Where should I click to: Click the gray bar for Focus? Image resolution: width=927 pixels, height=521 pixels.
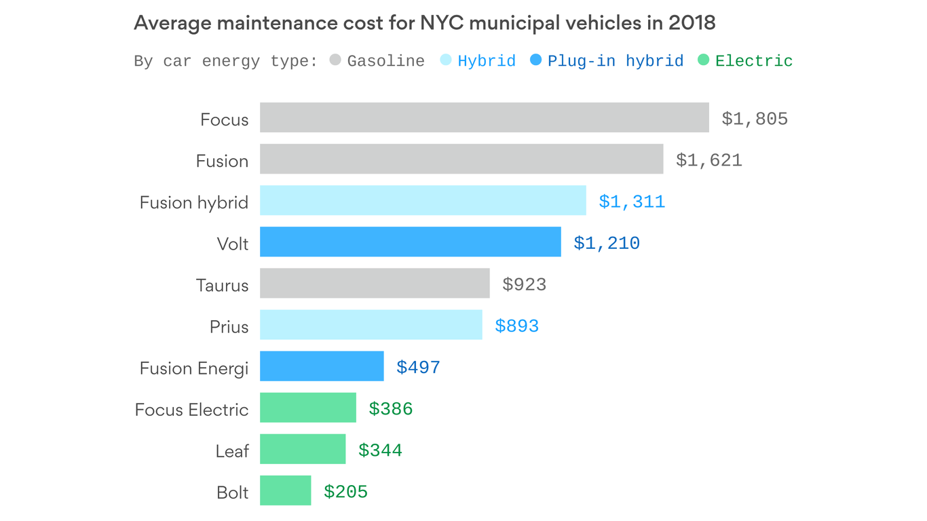pyautogui.click(x=484, y=117)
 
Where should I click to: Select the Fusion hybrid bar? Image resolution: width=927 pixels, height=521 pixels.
pyautogui.click(x=423, y=200)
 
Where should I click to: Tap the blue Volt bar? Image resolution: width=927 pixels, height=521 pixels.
pyautogui.click(x=410, y=242)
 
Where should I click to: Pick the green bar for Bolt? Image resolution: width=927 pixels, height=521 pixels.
pyautogui.click(x=285, y=490)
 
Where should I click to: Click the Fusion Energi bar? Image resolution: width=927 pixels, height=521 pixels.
pyautogui.click(x=322, y=366)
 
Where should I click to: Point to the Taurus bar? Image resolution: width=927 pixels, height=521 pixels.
pyautogui.click(x=375, y=283)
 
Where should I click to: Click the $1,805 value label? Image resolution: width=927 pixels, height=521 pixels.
pyautogui.click(x=755, y=119)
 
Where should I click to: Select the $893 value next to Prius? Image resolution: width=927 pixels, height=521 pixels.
pyautogui.click(x=516, y=326)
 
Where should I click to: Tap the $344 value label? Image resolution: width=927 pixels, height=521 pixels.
pyautogui.click(x=380, y=450)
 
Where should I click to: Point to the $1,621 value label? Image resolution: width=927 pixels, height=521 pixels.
pyautogui.click(x=708, y=161)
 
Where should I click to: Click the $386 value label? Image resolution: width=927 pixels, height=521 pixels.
pyautogui.click(x=390, y=409)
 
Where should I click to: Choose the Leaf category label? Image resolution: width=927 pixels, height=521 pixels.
pyautogui.click(x=232, y=451)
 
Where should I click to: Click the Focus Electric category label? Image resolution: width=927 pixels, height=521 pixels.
pyautogui.click(x=191, y=410)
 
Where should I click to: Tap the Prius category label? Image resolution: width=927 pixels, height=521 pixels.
pyautogui.click(x=229, y=327)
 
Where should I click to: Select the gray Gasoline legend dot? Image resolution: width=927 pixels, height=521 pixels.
pyautogui.click(x=335, y=60)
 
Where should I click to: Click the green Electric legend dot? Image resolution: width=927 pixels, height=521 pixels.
pyautogui.click(x=703, y=60)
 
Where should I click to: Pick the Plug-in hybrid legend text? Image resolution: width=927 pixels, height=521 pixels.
pyautogui.click(x=615, y=61)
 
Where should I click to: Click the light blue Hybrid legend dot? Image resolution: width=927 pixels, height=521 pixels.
pyautogui.click(x=446, y=60)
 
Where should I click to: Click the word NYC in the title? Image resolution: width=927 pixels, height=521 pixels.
pyautogui.click(x=442, y=23)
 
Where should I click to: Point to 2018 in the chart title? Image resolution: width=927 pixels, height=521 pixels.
pyautogui.click(x=692, y=23)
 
